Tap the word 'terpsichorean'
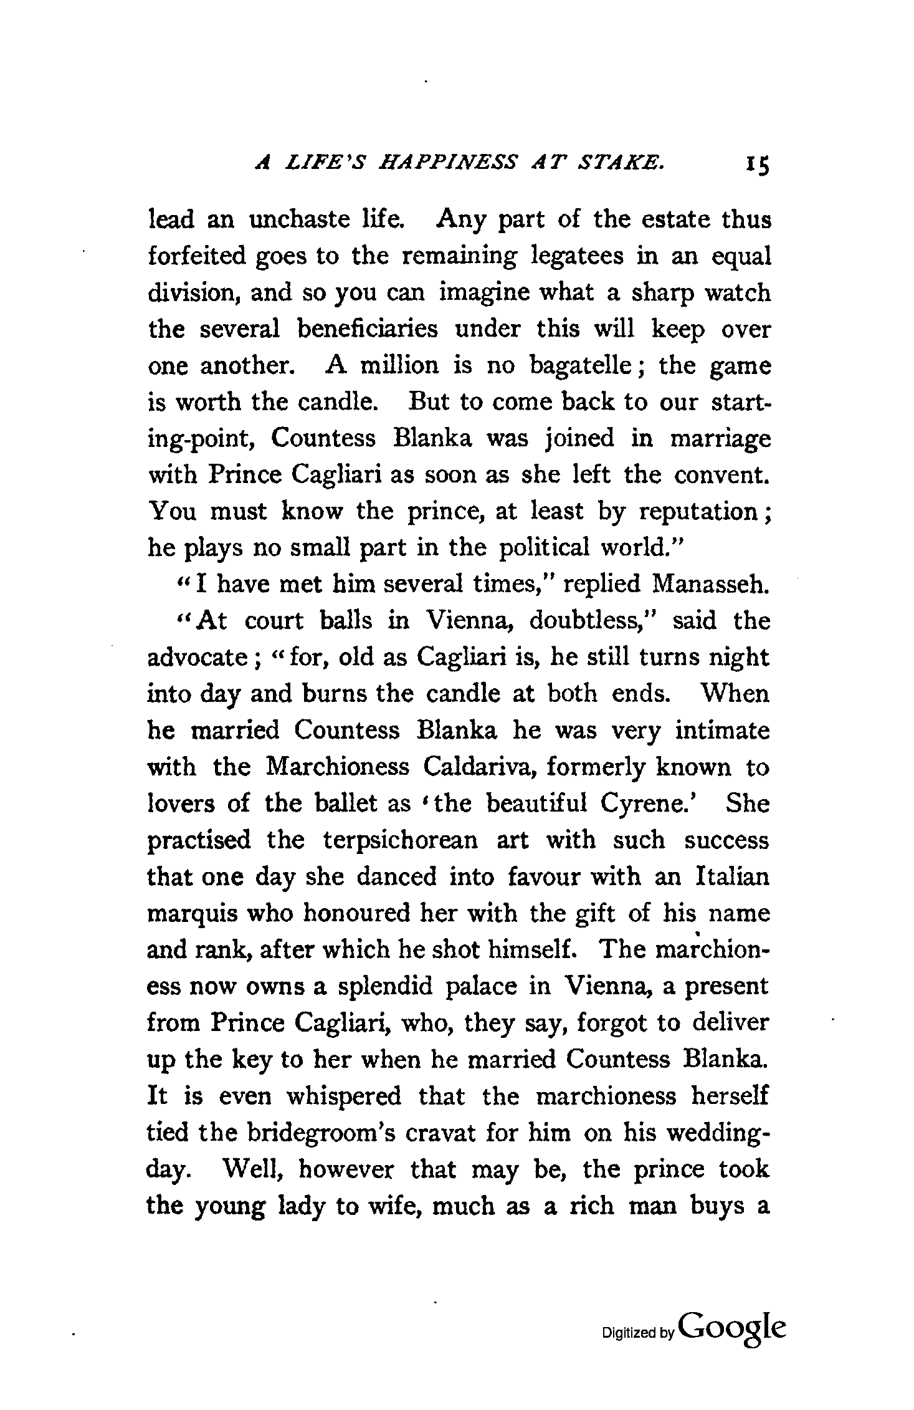pos(401,840)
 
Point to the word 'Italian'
pos(731,876)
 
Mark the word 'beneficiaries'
pos(368,329)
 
